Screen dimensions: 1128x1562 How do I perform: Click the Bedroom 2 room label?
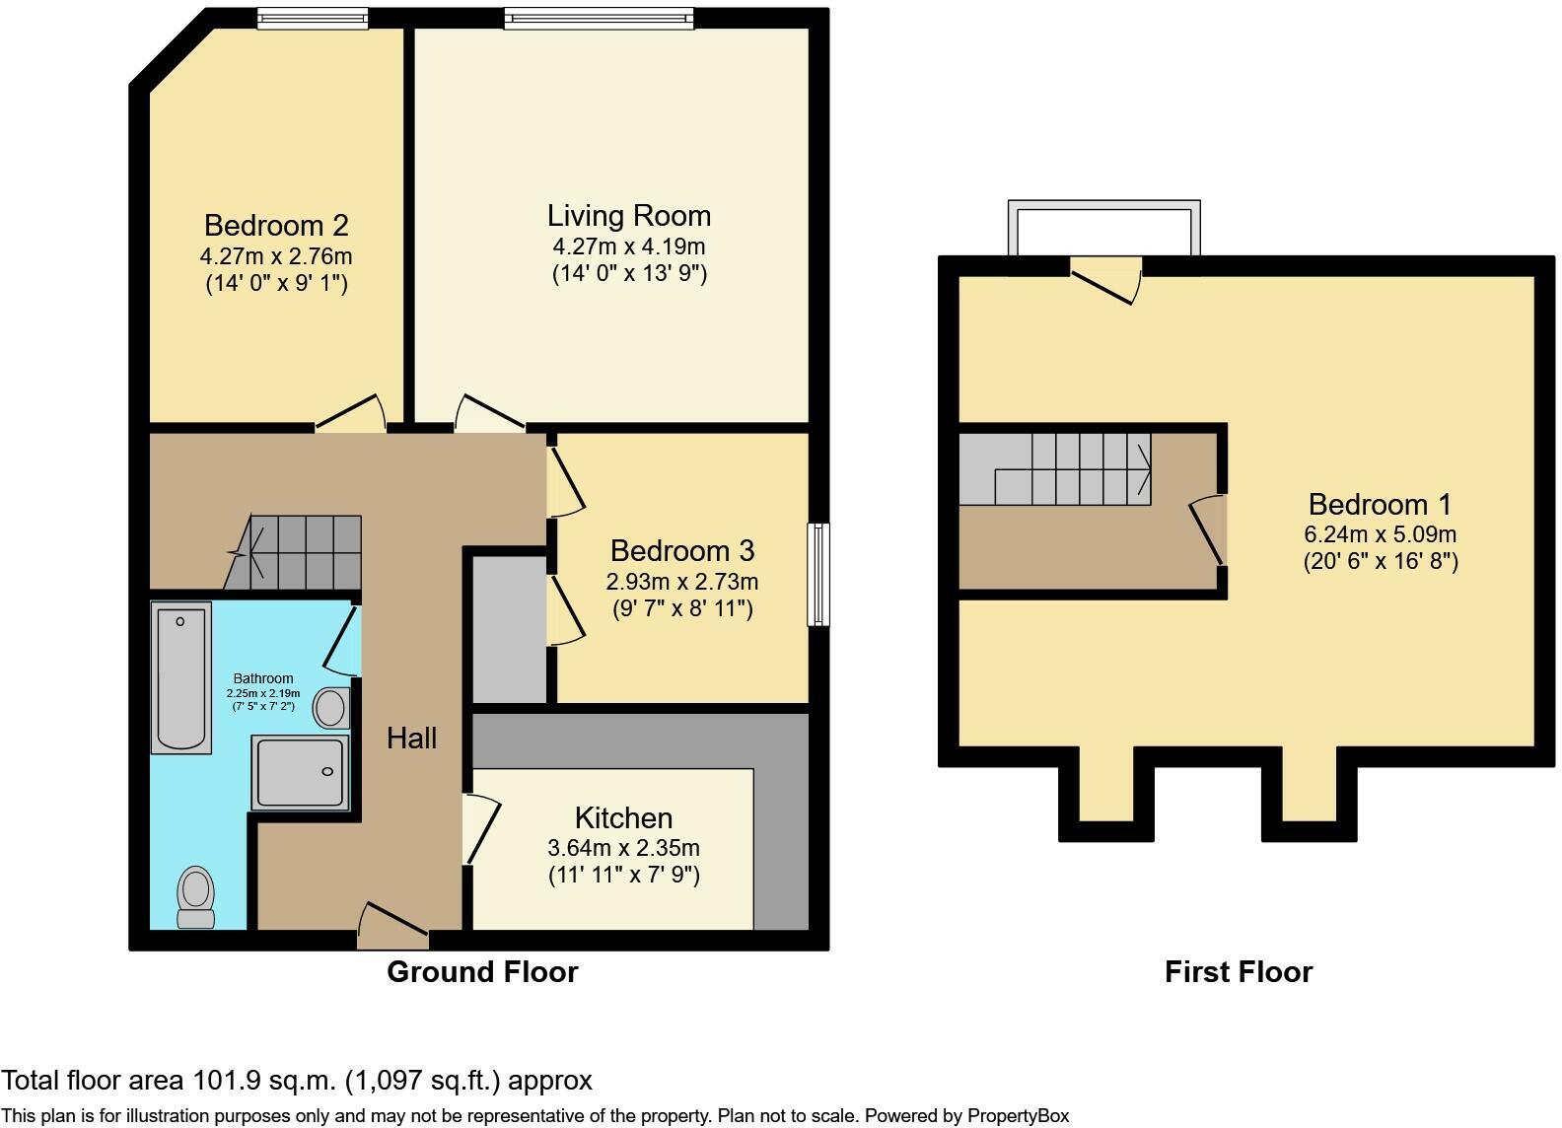(x=276, y=226)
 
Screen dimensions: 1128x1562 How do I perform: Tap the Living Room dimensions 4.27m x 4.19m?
(x=629, y=247)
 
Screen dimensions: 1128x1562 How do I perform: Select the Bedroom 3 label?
(x=682, y=550)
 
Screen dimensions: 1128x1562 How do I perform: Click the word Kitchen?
(x=623, y=817)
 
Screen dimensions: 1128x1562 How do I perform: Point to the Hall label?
(x=411, y=738)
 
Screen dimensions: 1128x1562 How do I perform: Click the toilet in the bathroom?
(x=196, y=896)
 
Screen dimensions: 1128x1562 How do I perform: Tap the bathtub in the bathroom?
(x=181, y=677)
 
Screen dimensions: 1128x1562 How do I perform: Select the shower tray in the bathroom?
(x=300, y=772)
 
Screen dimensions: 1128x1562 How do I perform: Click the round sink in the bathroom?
(x=330, y=708)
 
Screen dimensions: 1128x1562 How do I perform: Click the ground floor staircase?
(x=296, y=552)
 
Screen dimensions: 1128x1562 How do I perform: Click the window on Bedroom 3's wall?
(x=818, y=574)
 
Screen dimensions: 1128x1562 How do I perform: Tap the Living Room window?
(x=599, y=17)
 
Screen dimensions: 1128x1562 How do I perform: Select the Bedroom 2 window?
(x=313, y=17)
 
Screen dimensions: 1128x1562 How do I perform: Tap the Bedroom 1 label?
(x=1380, y=505)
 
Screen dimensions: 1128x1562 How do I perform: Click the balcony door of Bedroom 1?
(x=1106, y=278)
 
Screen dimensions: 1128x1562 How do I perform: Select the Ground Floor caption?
(x=482, y=972)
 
